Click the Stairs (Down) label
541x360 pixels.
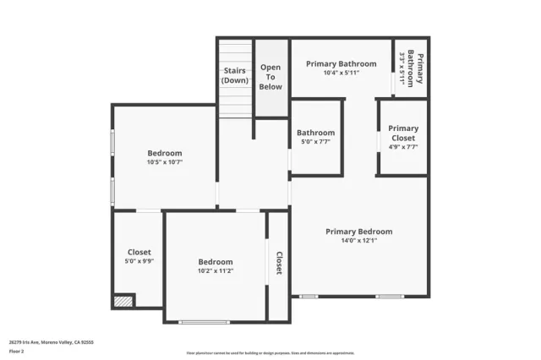tap(235, 75)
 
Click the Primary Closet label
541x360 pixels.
tap(403, 134)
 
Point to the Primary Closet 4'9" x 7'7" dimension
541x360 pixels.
tap(403, 147)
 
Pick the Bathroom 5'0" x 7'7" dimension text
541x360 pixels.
tap(315, 142)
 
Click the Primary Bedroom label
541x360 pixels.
tap(359, 231)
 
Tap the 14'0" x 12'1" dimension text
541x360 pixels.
tap(359, 240)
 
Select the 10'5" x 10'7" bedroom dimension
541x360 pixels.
tap(165, 161)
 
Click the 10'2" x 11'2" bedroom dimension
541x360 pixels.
tap(216, 271)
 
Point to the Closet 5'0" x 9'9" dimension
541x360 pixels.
tap(139, 261)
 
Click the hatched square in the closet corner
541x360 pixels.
tap(123, 300)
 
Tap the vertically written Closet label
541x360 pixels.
tap(278, 263)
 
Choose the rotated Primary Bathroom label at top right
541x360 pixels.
tap(413, 68)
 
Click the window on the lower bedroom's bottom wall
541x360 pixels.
tap(204, 321)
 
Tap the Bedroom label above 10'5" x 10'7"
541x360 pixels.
tap(165, 152)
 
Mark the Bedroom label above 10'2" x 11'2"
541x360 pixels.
tap(216, 262)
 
